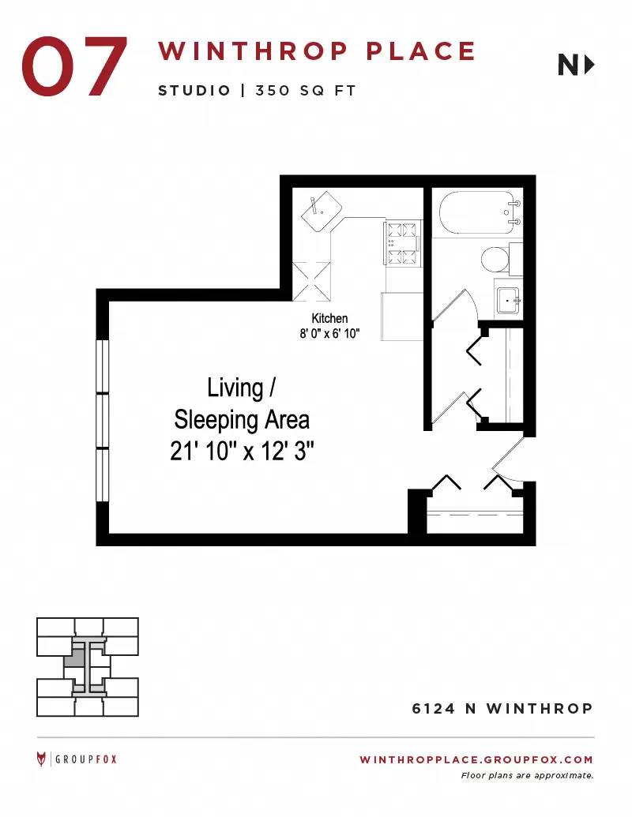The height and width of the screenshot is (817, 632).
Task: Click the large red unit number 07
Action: (74, 66)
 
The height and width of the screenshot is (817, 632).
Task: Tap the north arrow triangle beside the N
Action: (590, 66)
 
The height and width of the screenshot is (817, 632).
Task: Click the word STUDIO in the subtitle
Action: (194, 91)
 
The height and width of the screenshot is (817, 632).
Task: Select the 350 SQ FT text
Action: (306, 91)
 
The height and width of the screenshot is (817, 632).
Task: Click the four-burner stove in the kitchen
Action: (403, 243)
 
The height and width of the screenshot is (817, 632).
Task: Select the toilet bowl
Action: (495, 260)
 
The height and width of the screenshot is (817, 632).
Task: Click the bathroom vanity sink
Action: (508, 301)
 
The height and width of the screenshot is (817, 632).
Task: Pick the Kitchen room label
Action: (329, 318)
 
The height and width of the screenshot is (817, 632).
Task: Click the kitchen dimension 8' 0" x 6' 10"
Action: (329, 333)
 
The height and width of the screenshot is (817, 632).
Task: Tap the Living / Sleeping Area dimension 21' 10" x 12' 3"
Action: (242, 452)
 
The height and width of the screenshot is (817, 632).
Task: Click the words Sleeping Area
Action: (242, 420)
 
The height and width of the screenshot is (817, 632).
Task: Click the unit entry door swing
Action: (509, 461)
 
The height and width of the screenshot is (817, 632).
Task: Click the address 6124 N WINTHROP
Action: (502, 709)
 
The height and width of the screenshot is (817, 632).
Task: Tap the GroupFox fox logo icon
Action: (41, 759)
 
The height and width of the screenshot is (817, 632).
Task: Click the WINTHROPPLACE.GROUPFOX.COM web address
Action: (476, 759)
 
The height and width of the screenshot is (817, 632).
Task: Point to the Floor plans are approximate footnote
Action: (527, 776)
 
